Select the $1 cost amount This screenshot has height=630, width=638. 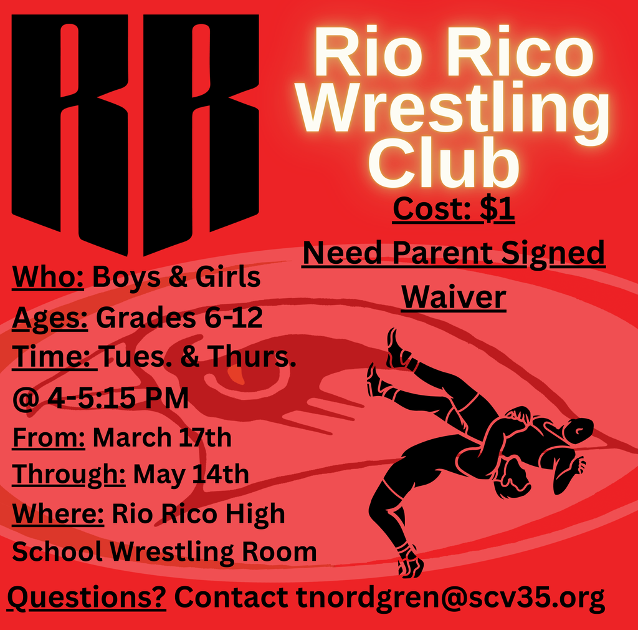pyautogui.click(x=497, y=210)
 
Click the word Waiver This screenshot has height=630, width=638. pyautogui.click(x=453, y=297)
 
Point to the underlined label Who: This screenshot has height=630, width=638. pyautogui.click(x=49, y=278)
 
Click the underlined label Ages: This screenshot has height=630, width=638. pyautogui.click(x=50, y=318)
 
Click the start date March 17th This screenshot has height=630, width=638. pyautogui.click(x=162, y=437)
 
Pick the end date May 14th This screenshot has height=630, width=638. pyautogui.click(x=191, y=475)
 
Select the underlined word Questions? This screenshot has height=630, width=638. pyautogui.click(x=87, y=598)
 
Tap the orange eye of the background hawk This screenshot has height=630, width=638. pyautogui.click(x=236, y=374)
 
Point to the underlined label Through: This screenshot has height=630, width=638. pyautogui.click(x=69, y=475)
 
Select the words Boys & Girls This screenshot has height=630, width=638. pyautogui.click(x=176, y=278)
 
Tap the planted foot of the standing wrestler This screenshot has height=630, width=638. pyautogui.click(x=411, y=565)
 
